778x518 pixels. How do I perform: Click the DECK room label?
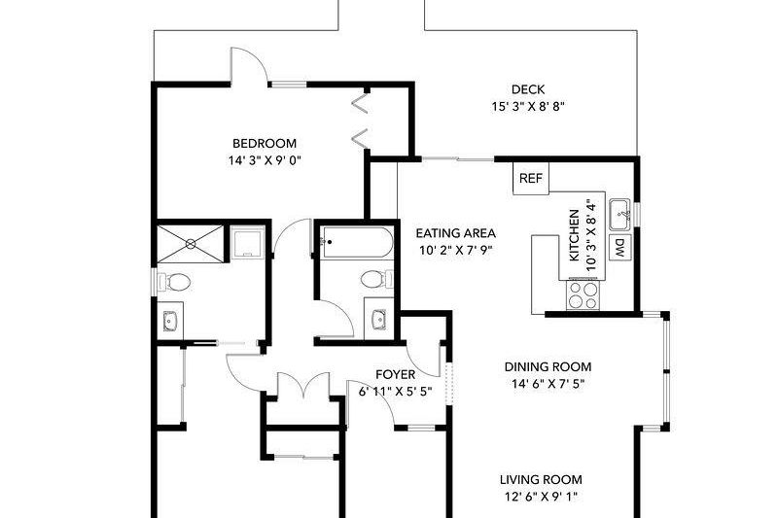[527, 89]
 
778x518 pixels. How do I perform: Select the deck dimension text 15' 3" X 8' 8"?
[527, 107]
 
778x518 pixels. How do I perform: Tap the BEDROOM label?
[258, 143]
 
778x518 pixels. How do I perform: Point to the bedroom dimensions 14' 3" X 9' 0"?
[258, 160]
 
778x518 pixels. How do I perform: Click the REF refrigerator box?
[530, 178]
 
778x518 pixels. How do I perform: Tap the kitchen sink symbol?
[619, 211]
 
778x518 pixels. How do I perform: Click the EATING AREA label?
[456, 233]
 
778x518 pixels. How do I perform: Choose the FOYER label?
[396, 374]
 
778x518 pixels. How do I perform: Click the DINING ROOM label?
[548, 366]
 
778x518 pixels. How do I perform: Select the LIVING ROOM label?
[541, 479]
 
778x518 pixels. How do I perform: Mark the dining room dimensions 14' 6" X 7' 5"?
[548, 383]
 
